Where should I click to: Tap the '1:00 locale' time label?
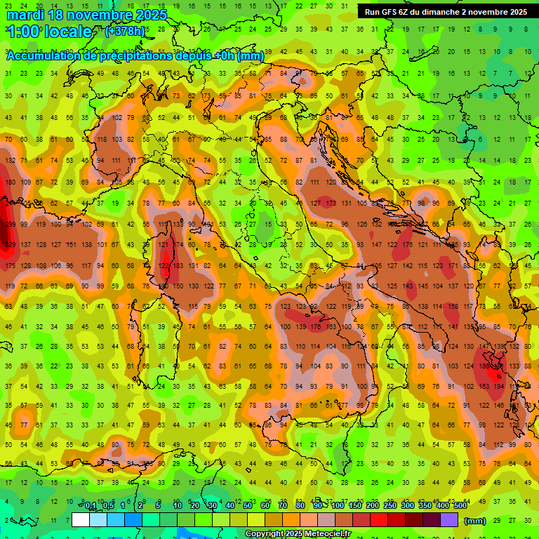pyautogui.click(x=49, y=32)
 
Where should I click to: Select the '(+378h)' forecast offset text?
pyautogui.click(x=125, y=32)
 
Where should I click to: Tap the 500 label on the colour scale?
pyautogui.click(x=459, y=506)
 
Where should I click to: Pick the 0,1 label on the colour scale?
pyautogui.click(x=91, y=506)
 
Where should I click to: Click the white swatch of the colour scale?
pyautogui.click(x=81, y=520)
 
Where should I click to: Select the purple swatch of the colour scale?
pyautogui.click(x=448, y=520)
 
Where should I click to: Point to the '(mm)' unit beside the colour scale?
pyautogui.click(x=475, y=521)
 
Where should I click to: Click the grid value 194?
pyautogui.click(x=499, y=387)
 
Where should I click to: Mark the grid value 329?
pyautogui.click(x=10, y=245)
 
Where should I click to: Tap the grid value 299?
pyautogui.click(x=10, y=225)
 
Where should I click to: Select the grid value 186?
pyautogui.click(x=484, y=366)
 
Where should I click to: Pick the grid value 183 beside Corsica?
pyautogui.click(x=178, y=265)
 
